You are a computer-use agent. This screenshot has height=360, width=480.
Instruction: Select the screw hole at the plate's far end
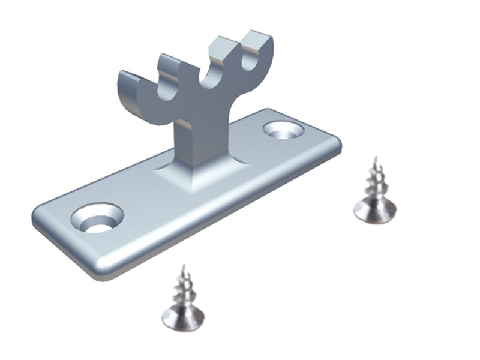(282, 130)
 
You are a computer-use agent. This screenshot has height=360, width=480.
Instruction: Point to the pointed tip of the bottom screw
(183, 265)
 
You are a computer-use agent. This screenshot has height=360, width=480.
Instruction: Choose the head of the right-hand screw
(374, 211)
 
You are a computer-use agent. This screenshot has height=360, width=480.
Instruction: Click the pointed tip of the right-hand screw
(375, 158)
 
